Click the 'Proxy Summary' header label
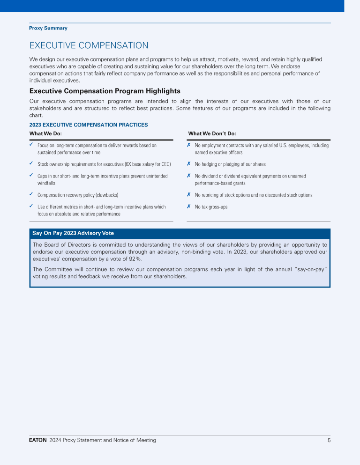(48, 28)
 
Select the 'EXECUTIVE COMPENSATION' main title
(89, 45)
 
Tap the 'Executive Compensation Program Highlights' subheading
(105, 91)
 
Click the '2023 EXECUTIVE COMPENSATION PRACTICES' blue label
(88, 125)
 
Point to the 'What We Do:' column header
(45, 134)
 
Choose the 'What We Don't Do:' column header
(212, 134)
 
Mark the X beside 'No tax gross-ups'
(188, 206)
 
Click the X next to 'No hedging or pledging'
(188, 163)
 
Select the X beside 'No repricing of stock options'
(188, 194)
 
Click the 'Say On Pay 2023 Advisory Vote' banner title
(73, 233)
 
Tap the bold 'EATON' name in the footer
(37, 440)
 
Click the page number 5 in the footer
(329, 440)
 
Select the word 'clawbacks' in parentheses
(106, 195)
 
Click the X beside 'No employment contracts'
(188, 145)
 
